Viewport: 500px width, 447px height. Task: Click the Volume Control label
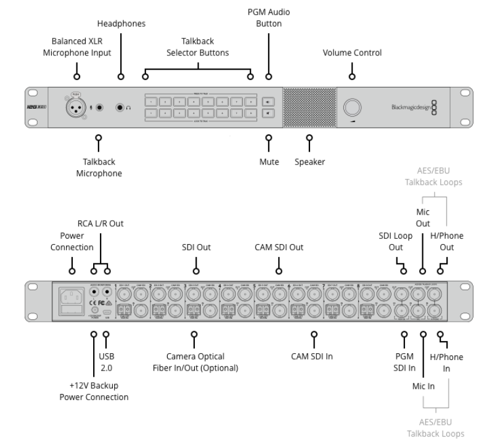(352, 53)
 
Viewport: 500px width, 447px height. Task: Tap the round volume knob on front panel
(353, 108)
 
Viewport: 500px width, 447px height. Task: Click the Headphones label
(121, 23)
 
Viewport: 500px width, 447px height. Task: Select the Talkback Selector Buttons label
(197, 47)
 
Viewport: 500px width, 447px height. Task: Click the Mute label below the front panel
(269, 162)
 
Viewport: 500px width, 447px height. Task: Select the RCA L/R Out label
(100, 224)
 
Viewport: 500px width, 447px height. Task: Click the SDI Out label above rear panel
(197, 247)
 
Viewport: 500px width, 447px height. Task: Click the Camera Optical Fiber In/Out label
(195, 362)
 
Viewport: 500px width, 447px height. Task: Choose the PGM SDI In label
(404, 362)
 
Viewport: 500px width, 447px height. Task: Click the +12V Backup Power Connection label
(94, 391)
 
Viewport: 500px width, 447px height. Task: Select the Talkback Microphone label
(99, 168)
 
